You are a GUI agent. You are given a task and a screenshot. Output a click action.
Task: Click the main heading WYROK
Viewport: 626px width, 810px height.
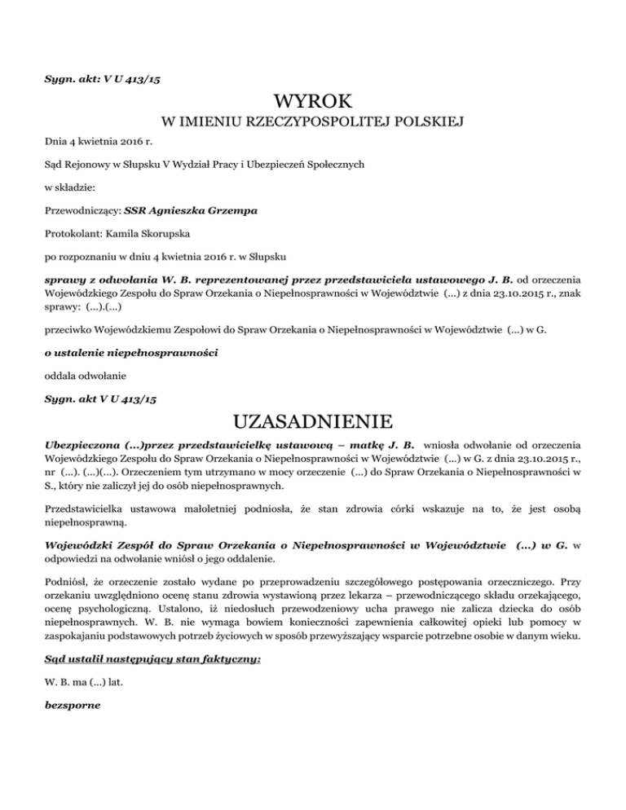coord(313,101)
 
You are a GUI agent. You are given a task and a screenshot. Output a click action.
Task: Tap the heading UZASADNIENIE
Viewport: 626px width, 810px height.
coord(313,422)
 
